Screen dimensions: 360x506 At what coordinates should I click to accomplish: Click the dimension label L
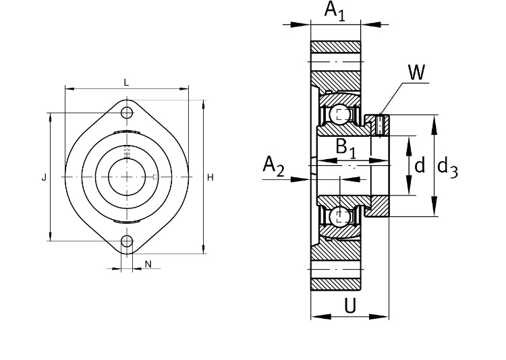click(x=126, y=82)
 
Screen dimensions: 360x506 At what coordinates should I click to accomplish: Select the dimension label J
click(x=44, y=177)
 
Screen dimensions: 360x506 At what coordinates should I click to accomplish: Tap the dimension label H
click(x=210, y=177)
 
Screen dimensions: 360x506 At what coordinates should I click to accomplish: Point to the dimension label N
click(x=148, y=264)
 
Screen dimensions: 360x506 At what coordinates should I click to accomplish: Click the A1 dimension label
click(x=335, y=11)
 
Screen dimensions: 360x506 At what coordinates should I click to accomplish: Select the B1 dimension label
click(x=346, y=146)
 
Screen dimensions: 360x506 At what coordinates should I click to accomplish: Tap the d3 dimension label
click(x=447, y=166)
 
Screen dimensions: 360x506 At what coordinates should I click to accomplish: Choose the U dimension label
click(x=350, y=306)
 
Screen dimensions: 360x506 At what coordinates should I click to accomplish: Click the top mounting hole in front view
click(x=127, y=112)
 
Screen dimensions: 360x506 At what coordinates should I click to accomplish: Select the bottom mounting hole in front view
click(x=127, y=241)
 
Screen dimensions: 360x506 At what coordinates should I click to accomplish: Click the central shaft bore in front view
click(x=127, y=177)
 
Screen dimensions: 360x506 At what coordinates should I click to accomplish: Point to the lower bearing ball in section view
click(x=342, y=216)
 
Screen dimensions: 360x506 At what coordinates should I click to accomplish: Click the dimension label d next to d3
click(x=420, y=164)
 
